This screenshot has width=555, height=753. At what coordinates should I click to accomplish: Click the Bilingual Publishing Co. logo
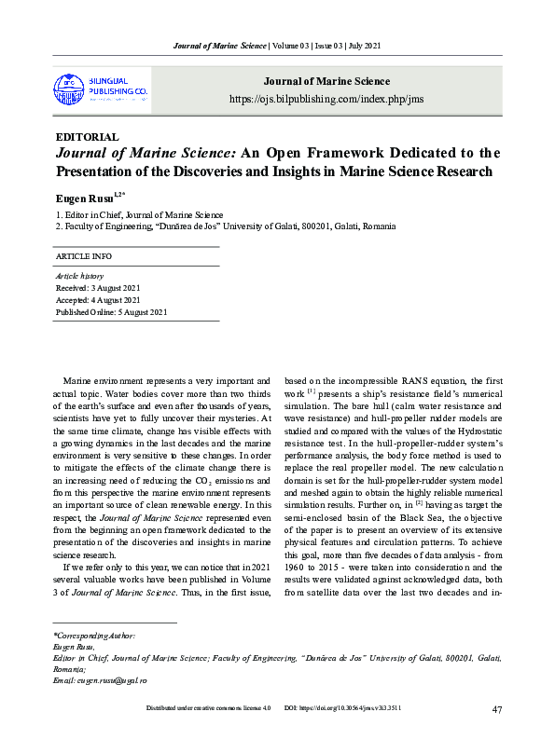pos(102,89)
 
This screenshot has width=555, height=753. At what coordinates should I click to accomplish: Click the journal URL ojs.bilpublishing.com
pos(320,99)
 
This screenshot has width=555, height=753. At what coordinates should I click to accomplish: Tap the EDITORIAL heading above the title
pos(88,137)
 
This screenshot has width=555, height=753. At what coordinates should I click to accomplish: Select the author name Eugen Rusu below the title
pos(82,198)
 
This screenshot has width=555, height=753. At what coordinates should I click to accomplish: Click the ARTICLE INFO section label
pos(84,256)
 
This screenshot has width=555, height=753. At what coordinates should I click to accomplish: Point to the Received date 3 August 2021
pos(98,288)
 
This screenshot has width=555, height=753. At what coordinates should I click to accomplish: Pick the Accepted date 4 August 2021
pos(98,300)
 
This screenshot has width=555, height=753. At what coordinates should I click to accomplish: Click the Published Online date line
pos(112,312)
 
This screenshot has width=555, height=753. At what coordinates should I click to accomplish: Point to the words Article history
pos(80,276)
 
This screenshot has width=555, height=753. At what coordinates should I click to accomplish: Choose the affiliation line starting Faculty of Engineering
pos(226,226)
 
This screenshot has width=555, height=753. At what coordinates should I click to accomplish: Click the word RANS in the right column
pos(391,380)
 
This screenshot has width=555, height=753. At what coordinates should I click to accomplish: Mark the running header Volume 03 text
pos(298,46)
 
